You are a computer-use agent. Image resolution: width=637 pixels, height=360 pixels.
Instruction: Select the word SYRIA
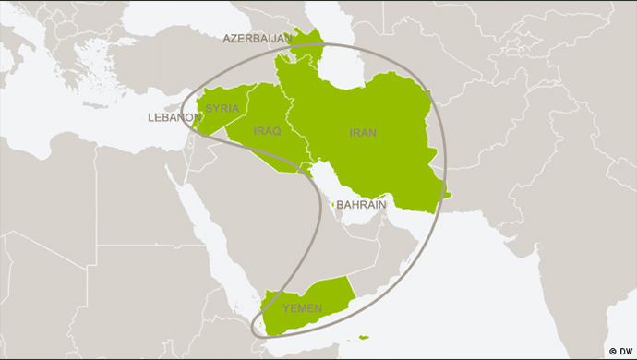[x=222, y=108]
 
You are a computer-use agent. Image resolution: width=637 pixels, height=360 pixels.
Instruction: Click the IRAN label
[x=363, y=133]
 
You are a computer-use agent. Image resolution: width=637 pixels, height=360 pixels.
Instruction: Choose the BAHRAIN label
[x=361, y=204]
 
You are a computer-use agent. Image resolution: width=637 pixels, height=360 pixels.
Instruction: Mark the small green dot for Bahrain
[x=332, y=204]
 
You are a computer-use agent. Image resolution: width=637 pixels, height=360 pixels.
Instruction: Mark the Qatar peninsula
[x=341, y=214]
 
